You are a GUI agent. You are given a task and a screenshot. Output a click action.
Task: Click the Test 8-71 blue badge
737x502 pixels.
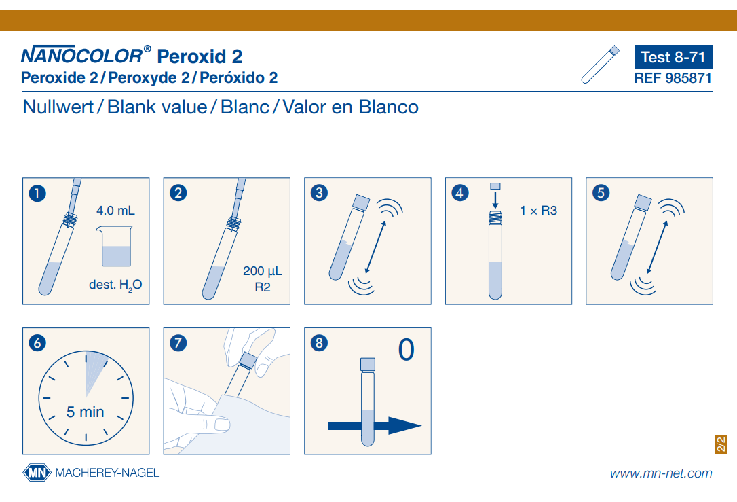673,57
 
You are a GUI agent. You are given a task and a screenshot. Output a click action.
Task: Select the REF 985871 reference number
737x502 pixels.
673,78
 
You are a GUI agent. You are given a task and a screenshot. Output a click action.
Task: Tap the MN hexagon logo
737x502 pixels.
37,473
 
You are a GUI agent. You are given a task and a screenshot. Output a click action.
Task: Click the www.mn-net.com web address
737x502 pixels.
661,473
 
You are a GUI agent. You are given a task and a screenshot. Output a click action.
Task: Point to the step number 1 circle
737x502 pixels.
37,193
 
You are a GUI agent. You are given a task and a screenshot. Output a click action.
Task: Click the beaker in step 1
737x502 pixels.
115,246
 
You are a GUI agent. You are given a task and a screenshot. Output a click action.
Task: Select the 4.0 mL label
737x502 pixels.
115,211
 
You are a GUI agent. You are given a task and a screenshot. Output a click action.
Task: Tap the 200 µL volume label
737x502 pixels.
262,271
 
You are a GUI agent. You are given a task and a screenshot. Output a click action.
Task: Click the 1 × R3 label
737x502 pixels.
538,211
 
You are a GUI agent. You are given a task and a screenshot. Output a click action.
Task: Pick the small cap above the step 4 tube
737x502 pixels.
495,186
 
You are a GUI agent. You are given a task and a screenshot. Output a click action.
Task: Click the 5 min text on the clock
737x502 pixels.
85,412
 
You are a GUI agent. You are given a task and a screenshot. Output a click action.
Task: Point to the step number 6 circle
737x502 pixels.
37,343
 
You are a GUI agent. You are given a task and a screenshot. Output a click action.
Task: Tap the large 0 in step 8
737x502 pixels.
406,350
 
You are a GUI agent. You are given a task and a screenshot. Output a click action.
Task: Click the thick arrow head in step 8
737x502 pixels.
404,426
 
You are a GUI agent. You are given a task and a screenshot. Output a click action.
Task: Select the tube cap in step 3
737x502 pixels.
362,202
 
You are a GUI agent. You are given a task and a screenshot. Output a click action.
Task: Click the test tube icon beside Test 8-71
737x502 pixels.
600,65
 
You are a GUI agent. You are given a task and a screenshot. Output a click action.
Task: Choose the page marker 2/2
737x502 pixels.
721,444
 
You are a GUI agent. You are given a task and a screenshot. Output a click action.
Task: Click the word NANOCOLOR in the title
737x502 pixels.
82,56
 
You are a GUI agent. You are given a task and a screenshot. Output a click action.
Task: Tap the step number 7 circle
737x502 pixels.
178,343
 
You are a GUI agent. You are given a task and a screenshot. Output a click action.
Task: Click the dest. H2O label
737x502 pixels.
115,285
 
